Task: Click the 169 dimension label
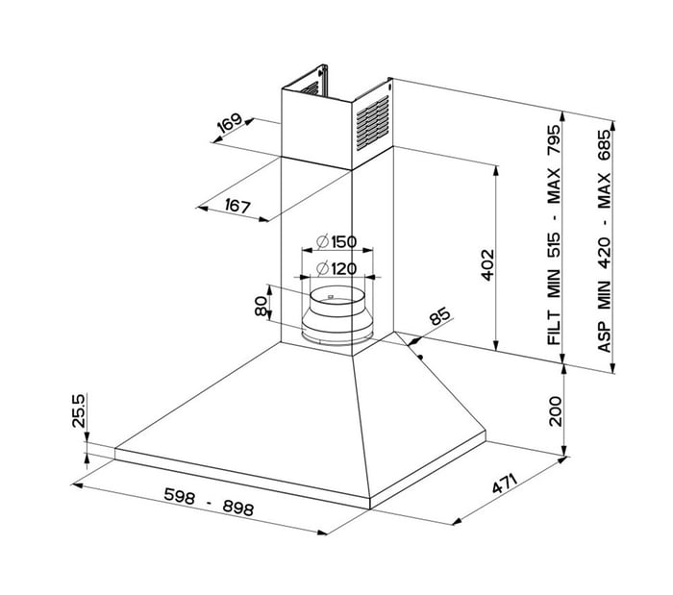coord(230,123)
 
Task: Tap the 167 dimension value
coord(237,207)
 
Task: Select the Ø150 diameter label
coord(336,242)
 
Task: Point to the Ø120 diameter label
coord(336,269)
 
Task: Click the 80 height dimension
coord(261,307)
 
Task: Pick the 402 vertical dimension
coord(487,265)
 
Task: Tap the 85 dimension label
coord(440,315)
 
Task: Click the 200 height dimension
coord(555,411)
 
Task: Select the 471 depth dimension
coord(505,483)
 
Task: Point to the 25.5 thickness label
coord(79,410)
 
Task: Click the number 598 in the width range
coord(180,496)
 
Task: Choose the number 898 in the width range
coord(238,508)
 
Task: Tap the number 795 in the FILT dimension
coord(554,139)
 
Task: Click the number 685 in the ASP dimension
coord(604,145)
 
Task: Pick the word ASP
coord(604,336)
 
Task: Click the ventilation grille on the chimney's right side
coord(373,123)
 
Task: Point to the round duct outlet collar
coord(337,315)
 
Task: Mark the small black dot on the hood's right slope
coord(420,357)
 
